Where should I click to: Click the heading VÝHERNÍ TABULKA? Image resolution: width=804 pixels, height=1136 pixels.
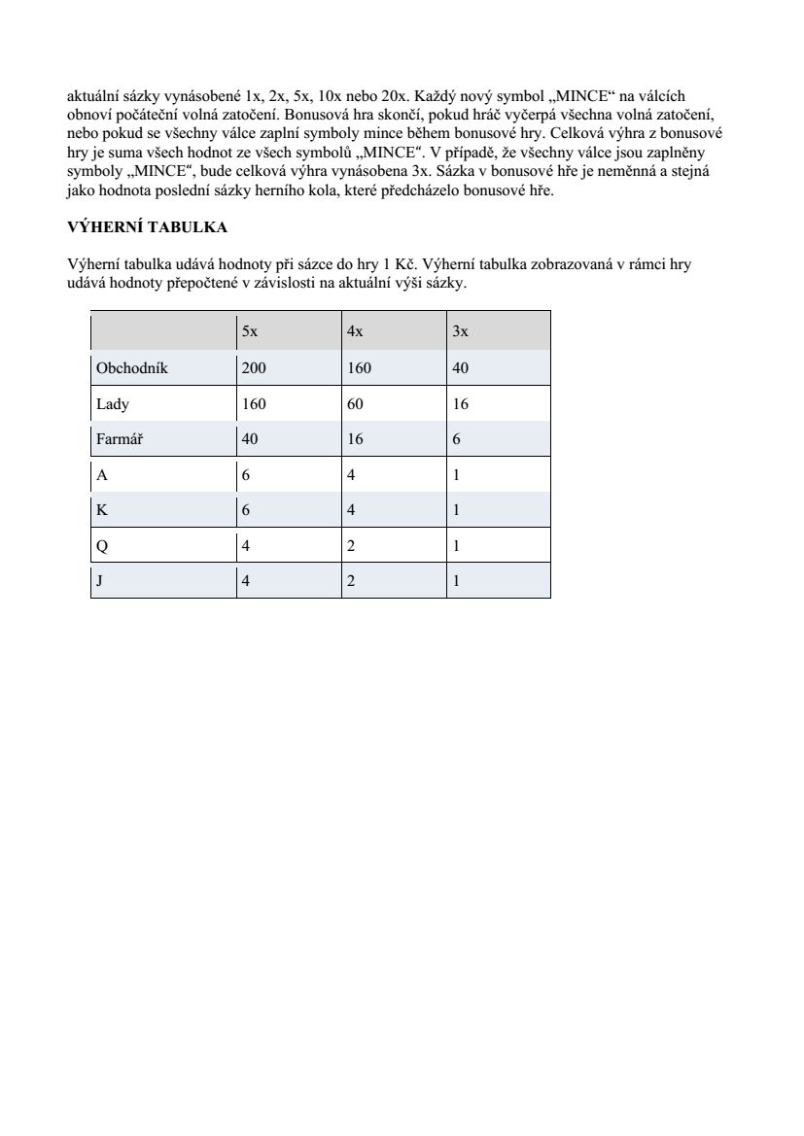(147, 227)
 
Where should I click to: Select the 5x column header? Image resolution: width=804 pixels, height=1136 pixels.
(250, 331)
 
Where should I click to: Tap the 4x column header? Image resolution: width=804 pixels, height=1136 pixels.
(355, 331)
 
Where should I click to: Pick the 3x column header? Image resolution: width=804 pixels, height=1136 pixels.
(461, 331)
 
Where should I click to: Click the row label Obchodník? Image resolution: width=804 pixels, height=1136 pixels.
(132, 367)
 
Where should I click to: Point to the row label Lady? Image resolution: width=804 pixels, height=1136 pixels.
(113, 403)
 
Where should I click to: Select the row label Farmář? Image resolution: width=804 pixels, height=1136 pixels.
(120, 439)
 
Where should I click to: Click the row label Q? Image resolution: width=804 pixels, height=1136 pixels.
(102, 546)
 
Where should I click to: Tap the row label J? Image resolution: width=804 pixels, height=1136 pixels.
(100, 581)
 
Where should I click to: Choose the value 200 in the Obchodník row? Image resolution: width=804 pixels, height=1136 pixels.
(254, 367)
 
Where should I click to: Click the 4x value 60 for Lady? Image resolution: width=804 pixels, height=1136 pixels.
(355, 403)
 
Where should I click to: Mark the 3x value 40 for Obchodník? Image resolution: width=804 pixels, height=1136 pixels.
(461, 367)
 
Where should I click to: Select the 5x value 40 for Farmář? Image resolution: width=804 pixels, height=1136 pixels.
(250, 439)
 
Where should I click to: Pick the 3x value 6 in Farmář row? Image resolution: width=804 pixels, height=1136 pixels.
(457, 439)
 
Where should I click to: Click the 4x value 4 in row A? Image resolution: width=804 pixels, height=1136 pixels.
(351, 475)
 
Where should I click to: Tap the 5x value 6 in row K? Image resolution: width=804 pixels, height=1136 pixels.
(246, 510)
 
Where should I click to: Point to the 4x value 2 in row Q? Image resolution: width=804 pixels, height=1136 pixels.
(351, 546)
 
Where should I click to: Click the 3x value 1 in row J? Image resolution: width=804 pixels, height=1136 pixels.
(457, 581)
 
